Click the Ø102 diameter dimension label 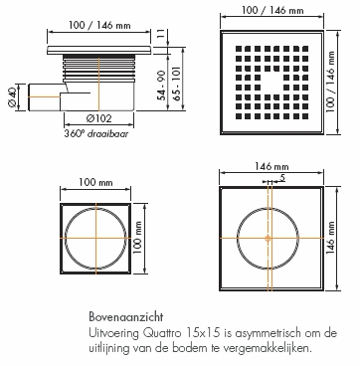98,118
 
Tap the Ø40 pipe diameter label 12,97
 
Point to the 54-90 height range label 162,86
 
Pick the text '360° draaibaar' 96,134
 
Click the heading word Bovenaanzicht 126,317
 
